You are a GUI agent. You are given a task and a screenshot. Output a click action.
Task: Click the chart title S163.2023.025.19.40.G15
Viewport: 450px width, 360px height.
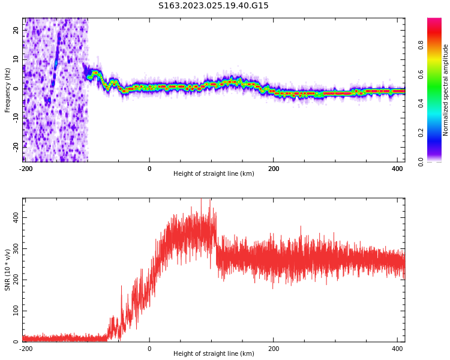pos(214,5)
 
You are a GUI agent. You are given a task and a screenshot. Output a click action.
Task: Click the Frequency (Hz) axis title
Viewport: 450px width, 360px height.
pos(8,89)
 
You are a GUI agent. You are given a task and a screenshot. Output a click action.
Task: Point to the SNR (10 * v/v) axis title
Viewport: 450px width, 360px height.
pos(8,270)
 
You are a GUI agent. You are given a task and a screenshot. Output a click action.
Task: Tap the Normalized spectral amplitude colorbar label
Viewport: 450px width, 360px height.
pos(446,90)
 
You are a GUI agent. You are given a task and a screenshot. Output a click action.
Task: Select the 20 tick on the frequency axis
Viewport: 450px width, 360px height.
pos(16,31)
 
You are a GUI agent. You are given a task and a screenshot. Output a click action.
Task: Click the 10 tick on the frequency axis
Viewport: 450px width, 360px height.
pos(16,59)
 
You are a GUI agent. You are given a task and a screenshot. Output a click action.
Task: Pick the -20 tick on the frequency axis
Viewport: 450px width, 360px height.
pos(16,146)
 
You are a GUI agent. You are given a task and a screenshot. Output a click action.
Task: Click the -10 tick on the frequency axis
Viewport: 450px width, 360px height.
pos(16,117)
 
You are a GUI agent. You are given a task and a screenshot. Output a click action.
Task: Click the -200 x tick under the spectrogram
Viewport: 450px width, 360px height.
pos(26,169)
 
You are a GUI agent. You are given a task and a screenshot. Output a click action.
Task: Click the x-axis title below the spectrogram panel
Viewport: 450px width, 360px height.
pos(214,174)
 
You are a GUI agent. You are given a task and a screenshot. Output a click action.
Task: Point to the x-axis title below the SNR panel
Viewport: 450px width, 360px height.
pos(214,354)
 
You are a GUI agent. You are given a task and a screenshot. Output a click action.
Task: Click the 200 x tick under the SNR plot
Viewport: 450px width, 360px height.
pos(274,349)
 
